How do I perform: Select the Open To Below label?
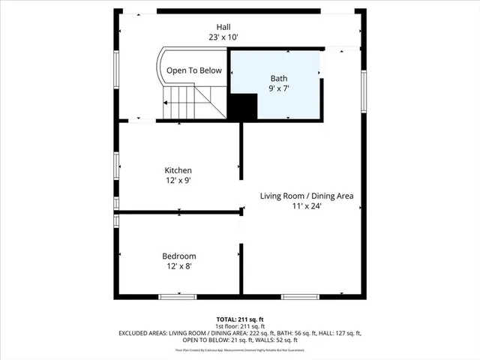194,70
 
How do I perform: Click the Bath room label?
278,78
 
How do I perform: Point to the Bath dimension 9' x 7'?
278,88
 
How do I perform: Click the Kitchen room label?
178,170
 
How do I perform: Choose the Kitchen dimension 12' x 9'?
178,181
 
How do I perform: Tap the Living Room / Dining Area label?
307,196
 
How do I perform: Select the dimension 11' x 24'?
307,206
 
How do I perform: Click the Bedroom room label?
178,256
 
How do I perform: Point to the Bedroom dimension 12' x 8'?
178,266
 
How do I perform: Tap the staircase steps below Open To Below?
187,100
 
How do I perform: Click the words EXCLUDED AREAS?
142,333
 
